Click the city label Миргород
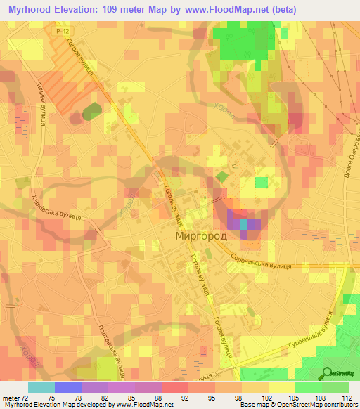pos(201,237)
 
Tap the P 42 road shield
pos(64,31)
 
